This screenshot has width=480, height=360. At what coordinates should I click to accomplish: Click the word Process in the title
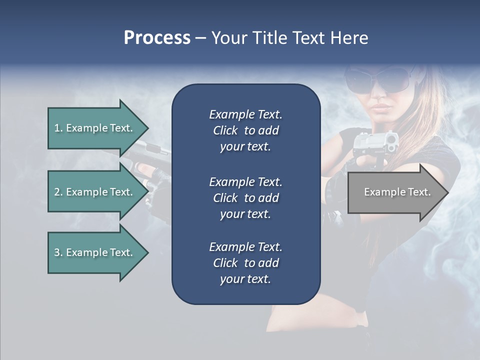(157, 38)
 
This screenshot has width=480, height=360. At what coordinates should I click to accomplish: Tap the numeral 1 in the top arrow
(56, 128)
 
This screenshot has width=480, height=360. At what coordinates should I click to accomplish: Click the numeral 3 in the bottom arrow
(57, 252)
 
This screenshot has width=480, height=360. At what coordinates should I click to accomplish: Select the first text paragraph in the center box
(245, 130)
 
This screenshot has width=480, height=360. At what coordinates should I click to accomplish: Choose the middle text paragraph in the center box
(245, 197)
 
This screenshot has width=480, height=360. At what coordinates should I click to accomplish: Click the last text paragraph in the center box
(245, 263)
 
